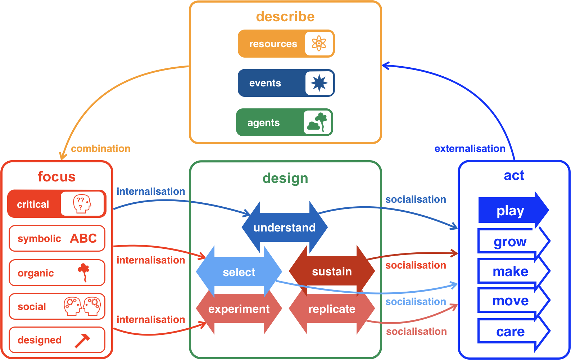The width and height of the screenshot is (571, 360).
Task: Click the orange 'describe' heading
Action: (285, 16)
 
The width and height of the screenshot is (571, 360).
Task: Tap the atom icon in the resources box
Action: (319, 44)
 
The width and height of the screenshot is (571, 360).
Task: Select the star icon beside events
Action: (319, 83)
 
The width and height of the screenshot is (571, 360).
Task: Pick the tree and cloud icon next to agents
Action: (317, 122)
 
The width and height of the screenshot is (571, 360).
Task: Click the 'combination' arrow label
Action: (101, 148)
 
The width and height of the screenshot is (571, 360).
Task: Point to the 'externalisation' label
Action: (470, 148)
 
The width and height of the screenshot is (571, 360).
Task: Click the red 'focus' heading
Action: (56, 177)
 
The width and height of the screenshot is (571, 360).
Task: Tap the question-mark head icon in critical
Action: (82, 204)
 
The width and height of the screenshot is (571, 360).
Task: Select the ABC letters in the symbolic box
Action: (83, 238)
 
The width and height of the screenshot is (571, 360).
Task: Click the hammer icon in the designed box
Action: (82, 340)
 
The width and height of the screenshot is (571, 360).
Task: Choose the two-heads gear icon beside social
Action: (82, 306)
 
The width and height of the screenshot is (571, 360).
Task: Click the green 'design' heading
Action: (285, 178)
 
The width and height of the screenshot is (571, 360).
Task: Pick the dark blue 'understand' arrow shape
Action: (284, 228)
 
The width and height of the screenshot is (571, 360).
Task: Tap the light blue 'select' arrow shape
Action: (239, 272)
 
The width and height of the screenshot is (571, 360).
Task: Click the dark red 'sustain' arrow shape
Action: (332, 271)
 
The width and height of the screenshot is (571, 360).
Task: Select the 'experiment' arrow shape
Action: (239, 309)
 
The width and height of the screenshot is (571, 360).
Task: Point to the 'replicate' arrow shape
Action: (332, 309)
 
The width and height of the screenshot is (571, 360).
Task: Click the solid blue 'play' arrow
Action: (511, 211)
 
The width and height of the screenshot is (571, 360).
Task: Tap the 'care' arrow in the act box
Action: (511, 332)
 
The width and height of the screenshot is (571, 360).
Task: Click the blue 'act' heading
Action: (514, 175)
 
